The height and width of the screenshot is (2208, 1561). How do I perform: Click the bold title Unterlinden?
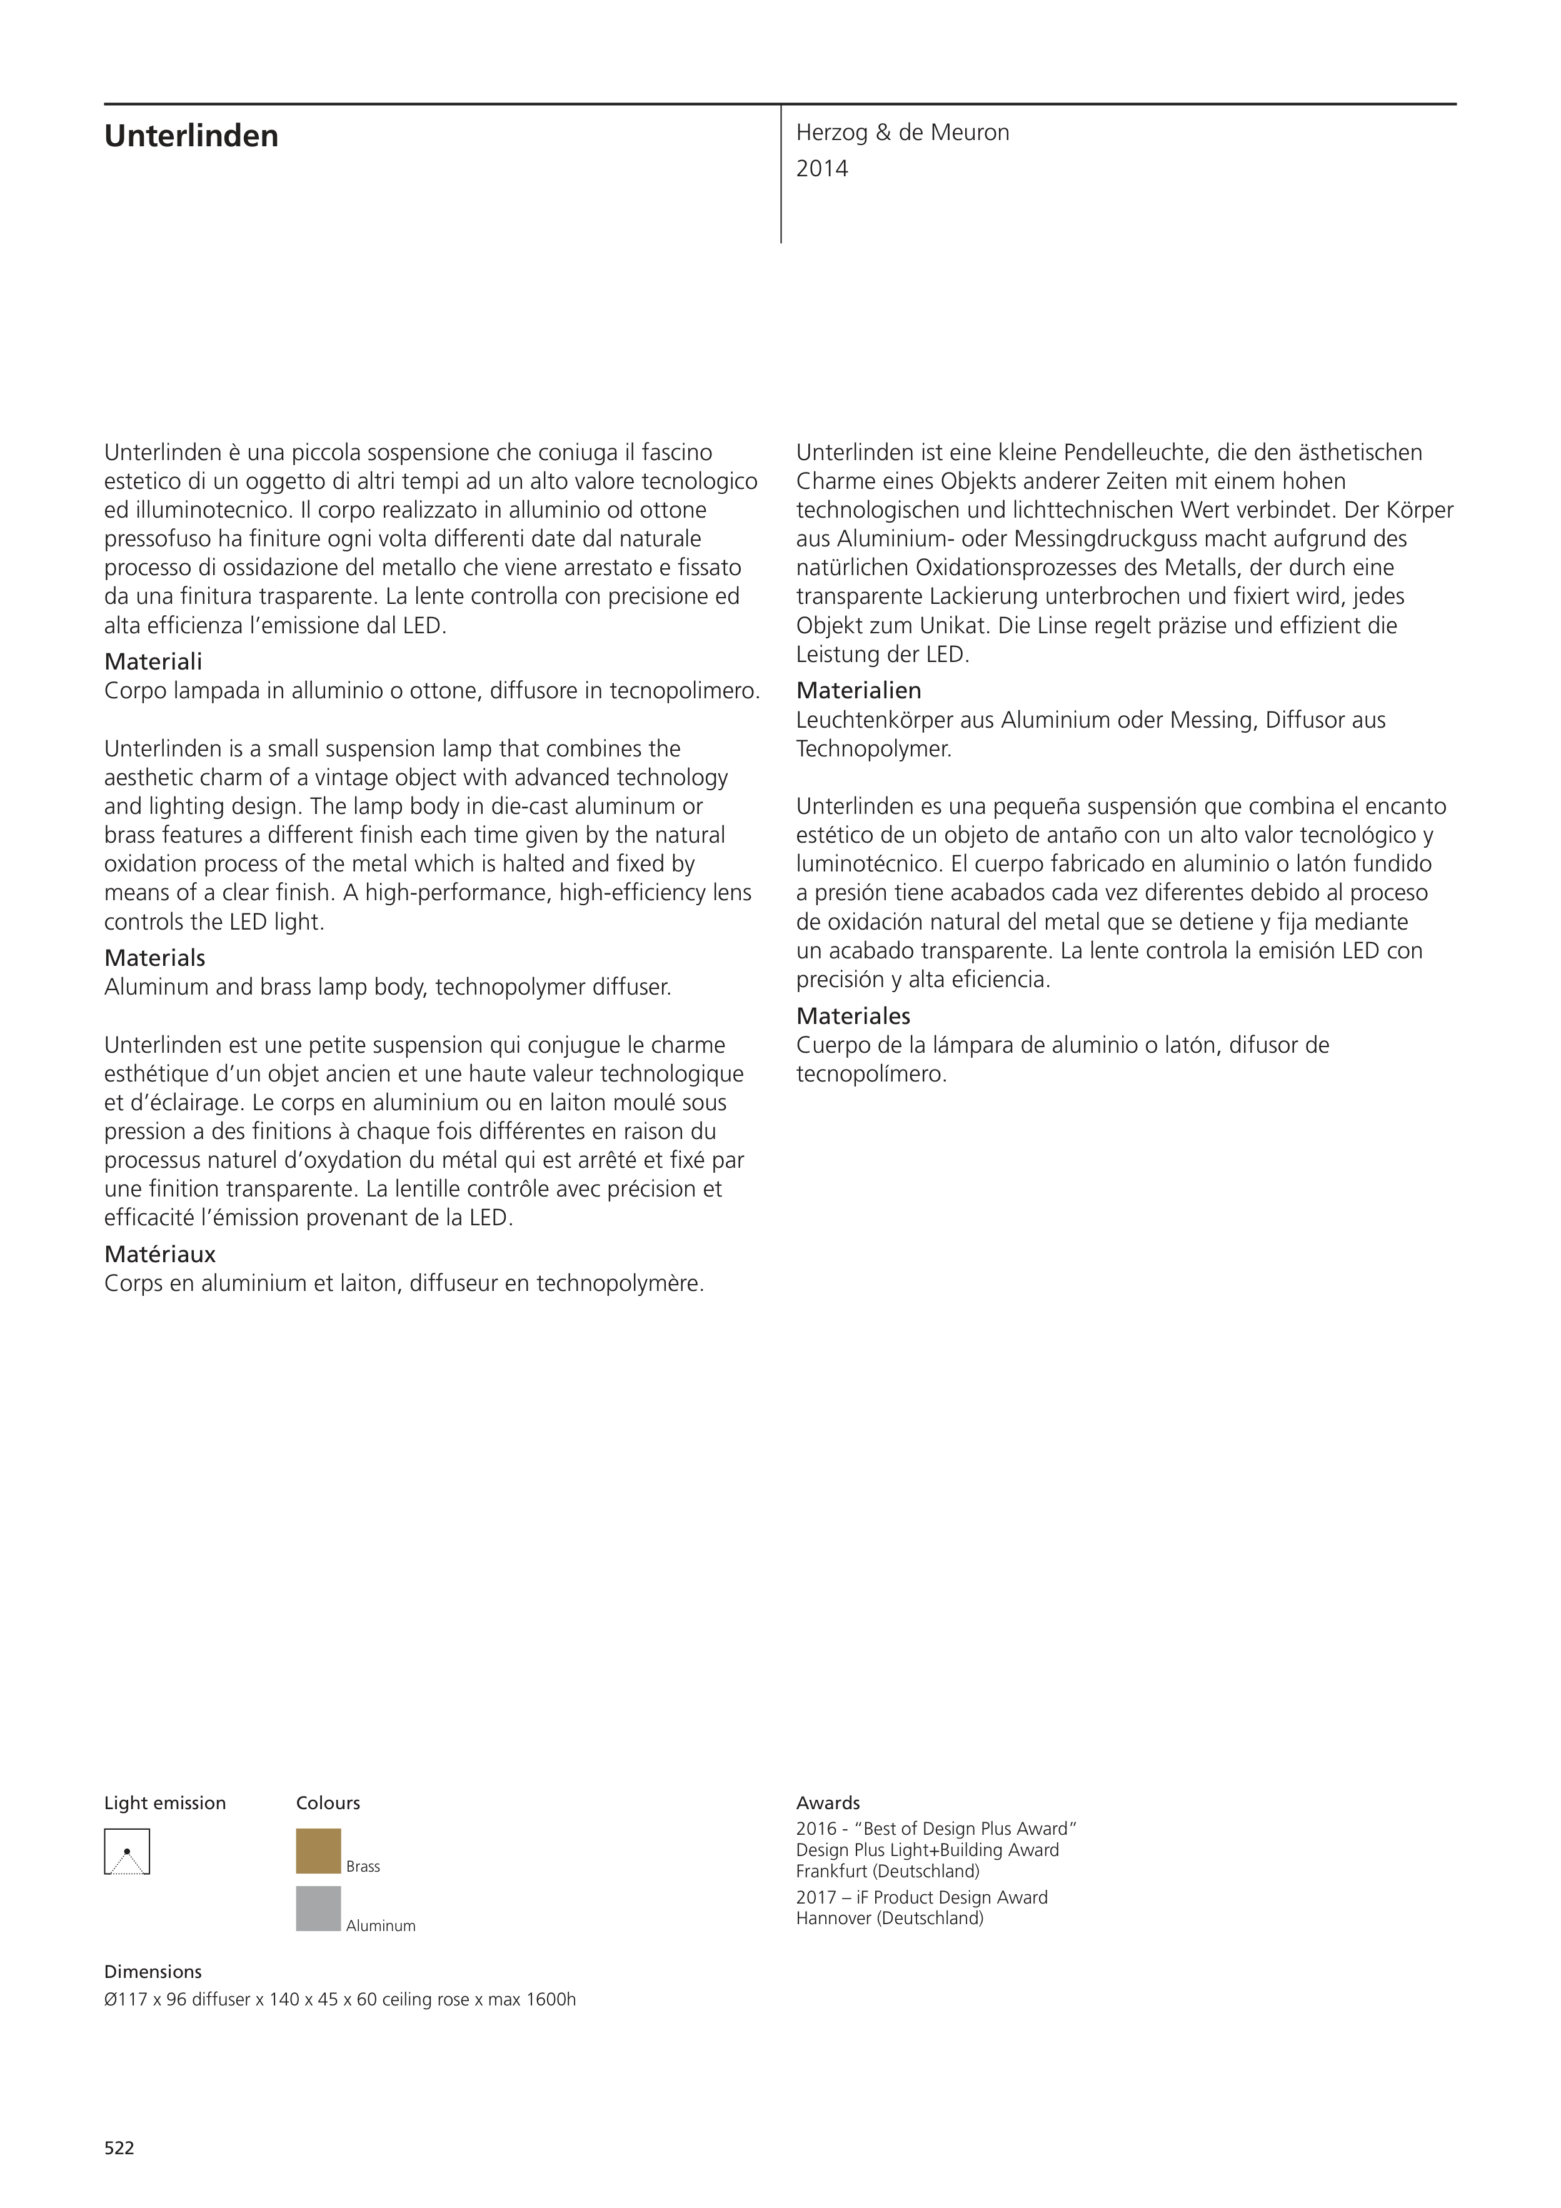[x=191, y=136]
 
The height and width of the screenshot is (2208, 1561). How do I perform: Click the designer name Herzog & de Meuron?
[x=902, y=133]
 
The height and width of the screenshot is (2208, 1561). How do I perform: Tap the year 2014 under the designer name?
[x=821, y=169]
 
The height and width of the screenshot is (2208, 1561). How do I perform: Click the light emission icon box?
[x=127, y=1851]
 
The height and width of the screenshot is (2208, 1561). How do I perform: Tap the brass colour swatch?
[x=318, y=1851]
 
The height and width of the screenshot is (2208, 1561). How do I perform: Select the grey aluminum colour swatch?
[x=318, y=1909]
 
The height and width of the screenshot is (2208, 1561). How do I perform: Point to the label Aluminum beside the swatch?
[x=380, y=1925]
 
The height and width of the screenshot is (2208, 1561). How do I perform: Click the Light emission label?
[x=164, y=1803]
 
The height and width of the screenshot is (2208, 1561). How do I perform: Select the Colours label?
[x=328, y=1803]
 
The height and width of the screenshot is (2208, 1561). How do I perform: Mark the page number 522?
[x=119, y=2147]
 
